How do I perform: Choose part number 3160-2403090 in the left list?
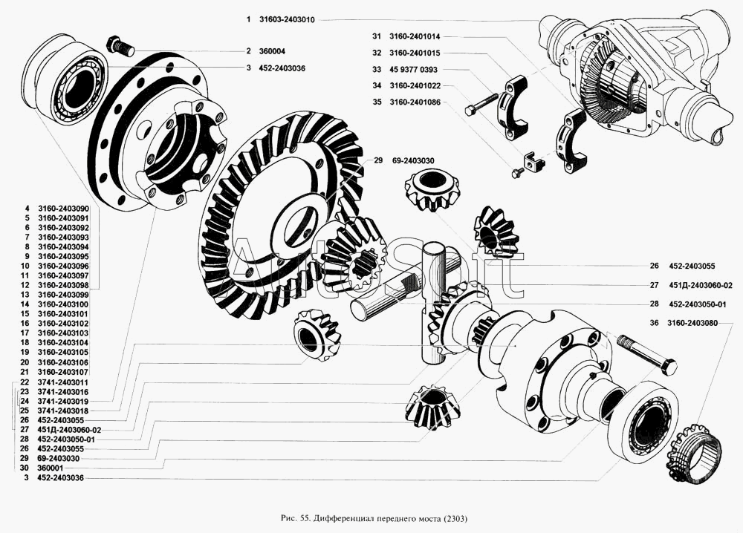pos(63,208)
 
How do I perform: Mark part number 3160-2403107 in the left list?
pos(63,371)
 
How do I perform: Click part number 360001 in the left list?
pos(50,469)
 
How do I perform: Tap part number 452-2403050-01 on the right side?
pos(697,304)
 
